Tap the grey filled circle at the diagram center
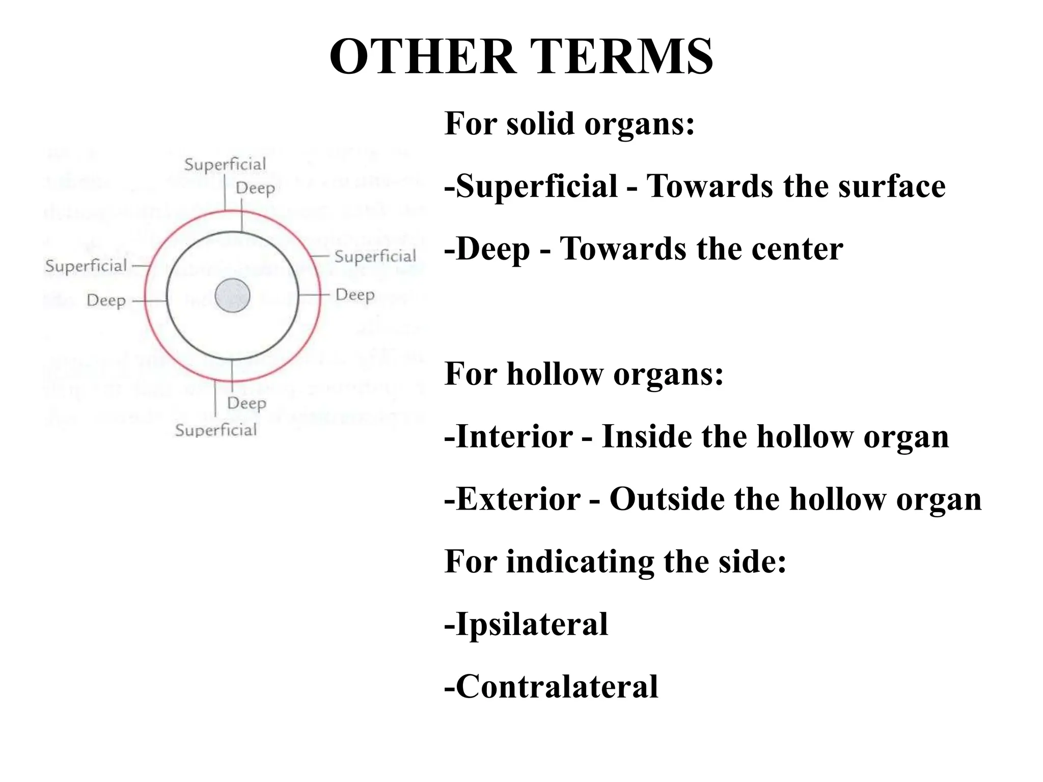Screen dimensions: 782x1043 [x=232, y=295]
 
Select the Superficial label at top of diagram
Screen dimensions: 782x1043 [x=225, y=164]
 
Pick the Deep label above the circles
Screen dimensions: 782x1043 [x=255, y=188]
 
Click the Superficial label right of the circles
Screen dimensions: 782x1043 [x=375, y=256]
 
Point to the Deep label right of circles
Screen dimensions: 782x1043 [x=355, y=295]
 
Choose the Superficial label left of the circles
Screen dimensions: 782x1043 [x=86, y=266]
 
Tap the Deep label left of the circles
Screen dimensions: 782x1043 [x=106, y=300]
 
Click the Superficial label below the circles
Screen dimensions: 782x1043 [x=216, y=430]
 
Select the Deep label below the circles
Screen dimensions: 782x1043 [x=246, y=403]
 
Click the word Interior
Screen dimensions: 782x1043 [x=514, y=436]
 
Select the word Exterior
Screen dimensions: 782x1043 [x=518, y=499]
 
